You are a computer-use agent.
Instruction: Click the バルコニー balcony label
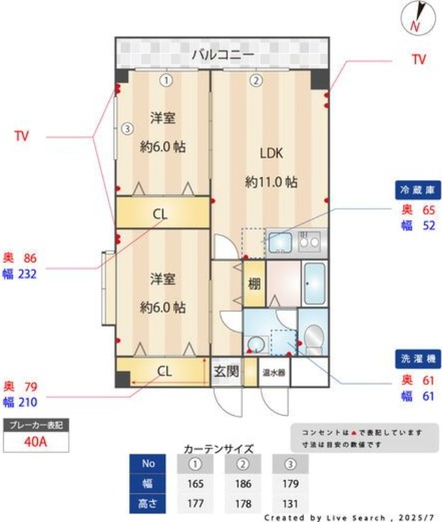[223, 54]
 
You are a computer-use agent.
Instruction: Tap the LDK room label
[272, 153]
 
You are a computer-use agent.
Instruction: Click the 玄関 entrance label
[226, 371]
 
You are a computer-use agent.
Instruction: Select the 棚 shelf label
[254, 284]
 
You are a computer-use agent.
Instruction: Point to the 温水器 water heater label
[274, 373]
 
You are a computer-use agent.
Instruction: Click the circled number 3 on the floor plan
[127, 128]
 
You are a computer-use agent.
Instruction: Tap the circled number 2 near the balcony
[256, 80]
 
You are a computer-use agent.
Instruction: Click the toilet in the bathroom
[314, 339]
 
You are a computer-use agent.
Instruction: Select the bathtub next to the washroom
[315, 283]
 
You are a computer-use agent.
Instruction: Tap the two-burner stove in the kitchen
[309, 241]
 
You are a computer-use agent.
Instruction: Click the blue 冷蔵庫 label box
[418, 190]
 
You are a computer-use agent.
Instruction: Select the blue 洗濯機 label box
[418, 359]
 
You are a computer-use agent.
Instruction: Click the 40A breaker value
[36, 442]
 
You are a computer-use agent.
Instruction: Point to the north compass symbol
[418, 19]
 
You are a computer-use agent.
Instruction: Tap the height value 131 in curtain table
[290, 504]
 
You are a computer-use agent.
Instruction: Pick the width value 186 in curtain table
[243, 484]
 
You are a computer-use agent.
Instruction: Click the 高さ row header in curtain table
[148, 503]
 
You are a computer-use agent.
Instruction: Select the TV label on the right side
[418, 59]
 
